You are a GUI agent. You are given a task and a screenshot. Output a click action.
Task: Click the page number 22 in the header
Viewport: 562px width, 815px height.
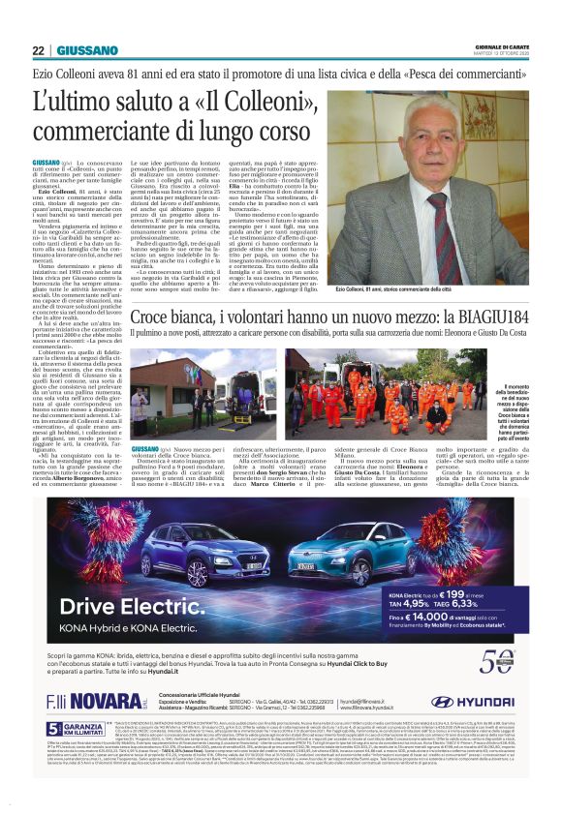point(38,50)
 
